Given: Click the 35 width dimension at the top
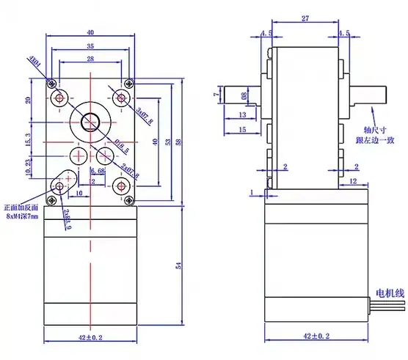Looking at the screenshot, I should [90, 45].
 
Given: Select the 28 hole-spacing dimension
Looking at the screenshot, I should [90, 58].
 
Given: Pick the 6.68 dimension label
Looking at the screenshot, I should [98, 172].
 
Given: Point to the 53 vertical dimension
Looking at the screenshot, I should [168, 142].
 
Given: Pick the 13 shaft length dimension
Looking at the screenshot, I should [242, 116].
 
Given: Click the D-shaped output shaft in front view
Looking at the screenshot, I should [91, 121].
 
